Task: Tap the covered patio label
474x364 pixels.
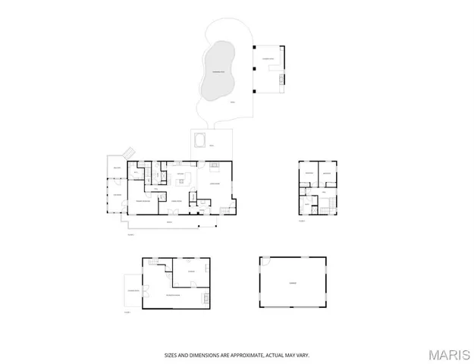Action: tap(268, 58)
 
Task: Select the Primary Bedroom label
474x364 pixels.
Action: tap(144, 202)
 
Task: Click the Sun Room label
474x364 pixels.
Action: tap(118, 195)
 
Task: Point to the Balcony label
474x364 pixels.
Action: tap(118, 168)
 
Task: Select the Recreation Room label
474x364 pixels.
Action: tap(173, 294)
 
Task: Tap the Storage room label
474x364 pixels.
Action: tap(191, 271)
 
